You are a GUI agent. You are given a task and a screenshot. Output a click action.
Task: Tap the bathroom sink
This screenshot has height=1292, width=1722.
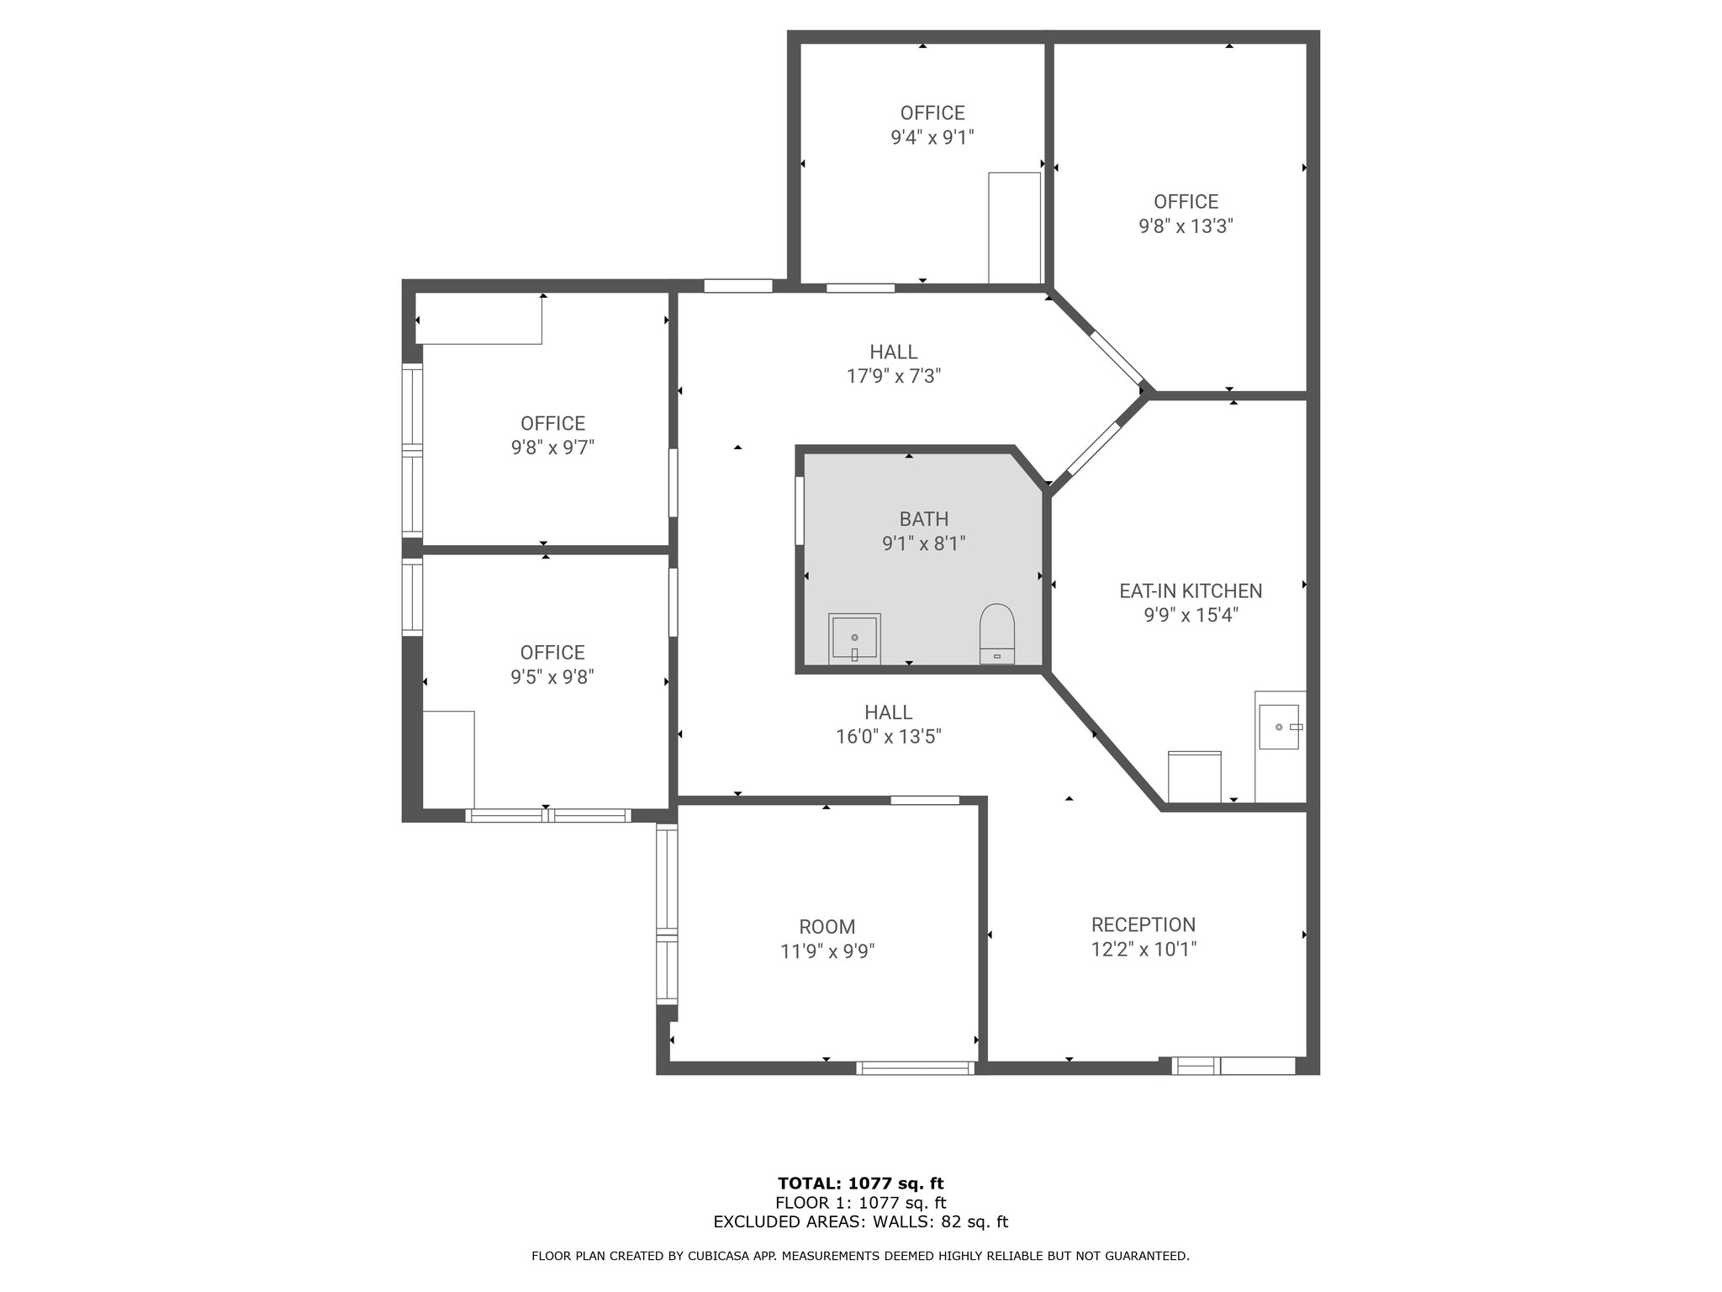(x=854, y=638)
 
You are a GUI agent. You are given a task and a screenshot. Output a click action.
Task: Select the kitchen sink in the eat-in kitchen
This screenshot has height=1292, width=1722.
(x=1279, y=727)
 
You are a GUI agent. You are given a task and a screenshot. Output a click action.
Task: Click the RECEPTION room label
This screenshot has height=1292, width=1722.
(x=1143, y=924)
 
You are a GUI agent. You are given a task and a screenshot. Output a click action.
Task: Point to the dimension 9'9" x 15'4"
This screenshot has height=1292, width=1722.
(x=1191, y=615)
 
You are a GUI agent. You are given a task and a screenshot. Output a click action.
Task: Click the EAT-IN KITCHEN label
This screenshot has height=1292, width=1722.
(x=1191, y=590)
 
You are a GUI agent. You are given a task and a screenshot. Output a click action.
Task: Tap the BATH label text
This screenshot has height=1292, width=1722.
(x=923, y=519)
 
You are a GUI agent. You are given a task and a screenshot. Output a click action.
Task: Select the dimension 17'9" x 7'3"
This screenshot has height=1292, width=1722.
(x=893, y=376)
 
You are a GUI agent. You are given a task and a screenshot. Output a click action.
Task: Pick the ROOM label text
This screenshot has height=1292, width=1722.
(x=827, y=927)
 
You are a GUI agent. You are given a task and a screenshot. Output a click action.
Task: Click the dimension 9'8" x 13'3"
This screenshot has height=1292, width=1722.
(x=1186, y=226)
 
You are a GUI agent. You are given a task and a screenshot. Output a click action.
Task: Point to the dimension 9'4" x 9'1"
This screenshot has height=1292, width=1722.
(x=932, y=137)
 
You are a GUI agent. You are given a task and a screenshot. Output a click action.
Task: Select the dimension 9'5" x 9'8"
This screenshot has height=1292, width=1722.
(x=552, y=677)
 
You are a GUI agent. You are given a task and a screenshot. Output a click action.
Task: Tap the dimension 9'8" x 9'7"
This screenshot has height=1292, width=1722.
(x=552, y=447)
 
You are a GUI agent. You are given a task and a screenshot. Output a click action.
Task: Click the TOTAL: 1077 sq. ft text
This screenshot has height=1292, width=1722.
(x=860, y=1183)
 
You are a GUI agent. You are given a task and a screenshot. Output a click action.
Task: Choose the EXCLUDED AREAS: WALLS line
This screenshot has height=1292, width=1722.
(x=860, y=1222)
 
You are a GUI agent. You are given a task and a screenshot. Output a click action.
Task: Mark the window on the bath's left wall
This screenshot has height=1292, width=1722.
(x=800, y=511)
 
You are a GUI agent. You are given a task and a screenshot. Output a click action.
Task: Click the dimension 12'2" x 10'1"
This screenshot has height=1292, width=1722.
(x=1143, y=949)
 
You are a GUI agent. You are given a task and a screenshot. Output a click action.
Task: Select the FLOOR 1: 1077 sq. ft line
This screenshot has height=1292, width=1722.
(x=860, y=1203)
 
